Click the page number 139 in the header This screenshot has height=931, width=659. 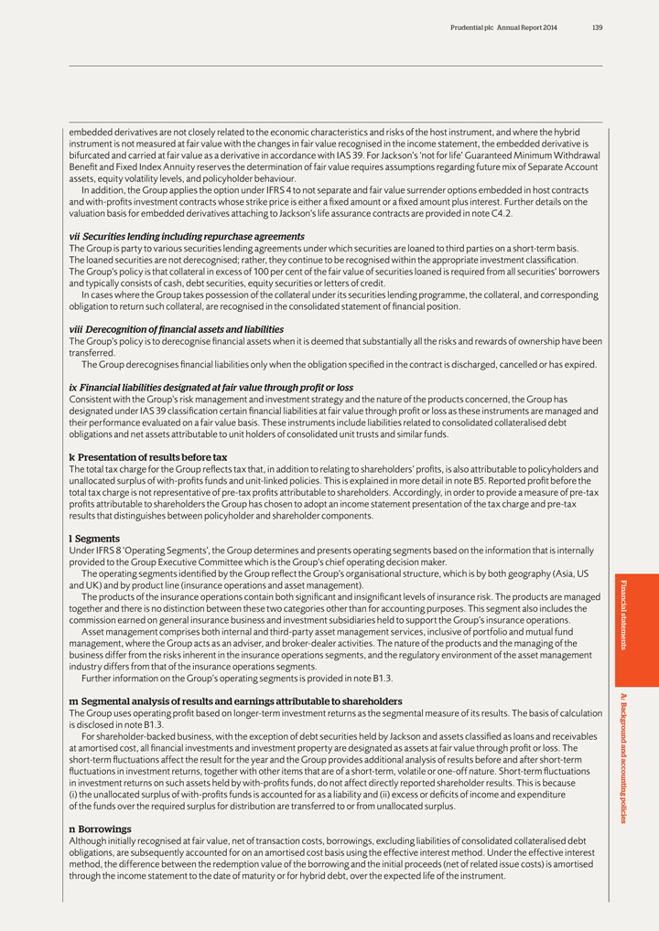[597, 27]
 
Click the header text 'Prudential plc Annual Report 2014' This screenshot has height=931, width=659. [503, 27]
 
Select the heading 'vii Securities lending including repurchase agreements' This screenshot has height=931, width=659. [187, 236]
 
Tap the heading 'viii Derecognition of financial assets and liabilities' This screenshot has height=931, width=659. [177, 329]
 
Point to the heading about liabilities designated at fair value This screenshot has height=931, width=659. [211, 388]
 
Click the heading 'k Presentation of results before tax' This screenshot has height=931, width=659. [148, 457]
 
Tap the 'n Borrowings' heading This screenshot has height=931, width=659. [101, 829]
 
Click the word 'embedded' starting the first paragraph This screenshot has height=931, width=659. [90, 132]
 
